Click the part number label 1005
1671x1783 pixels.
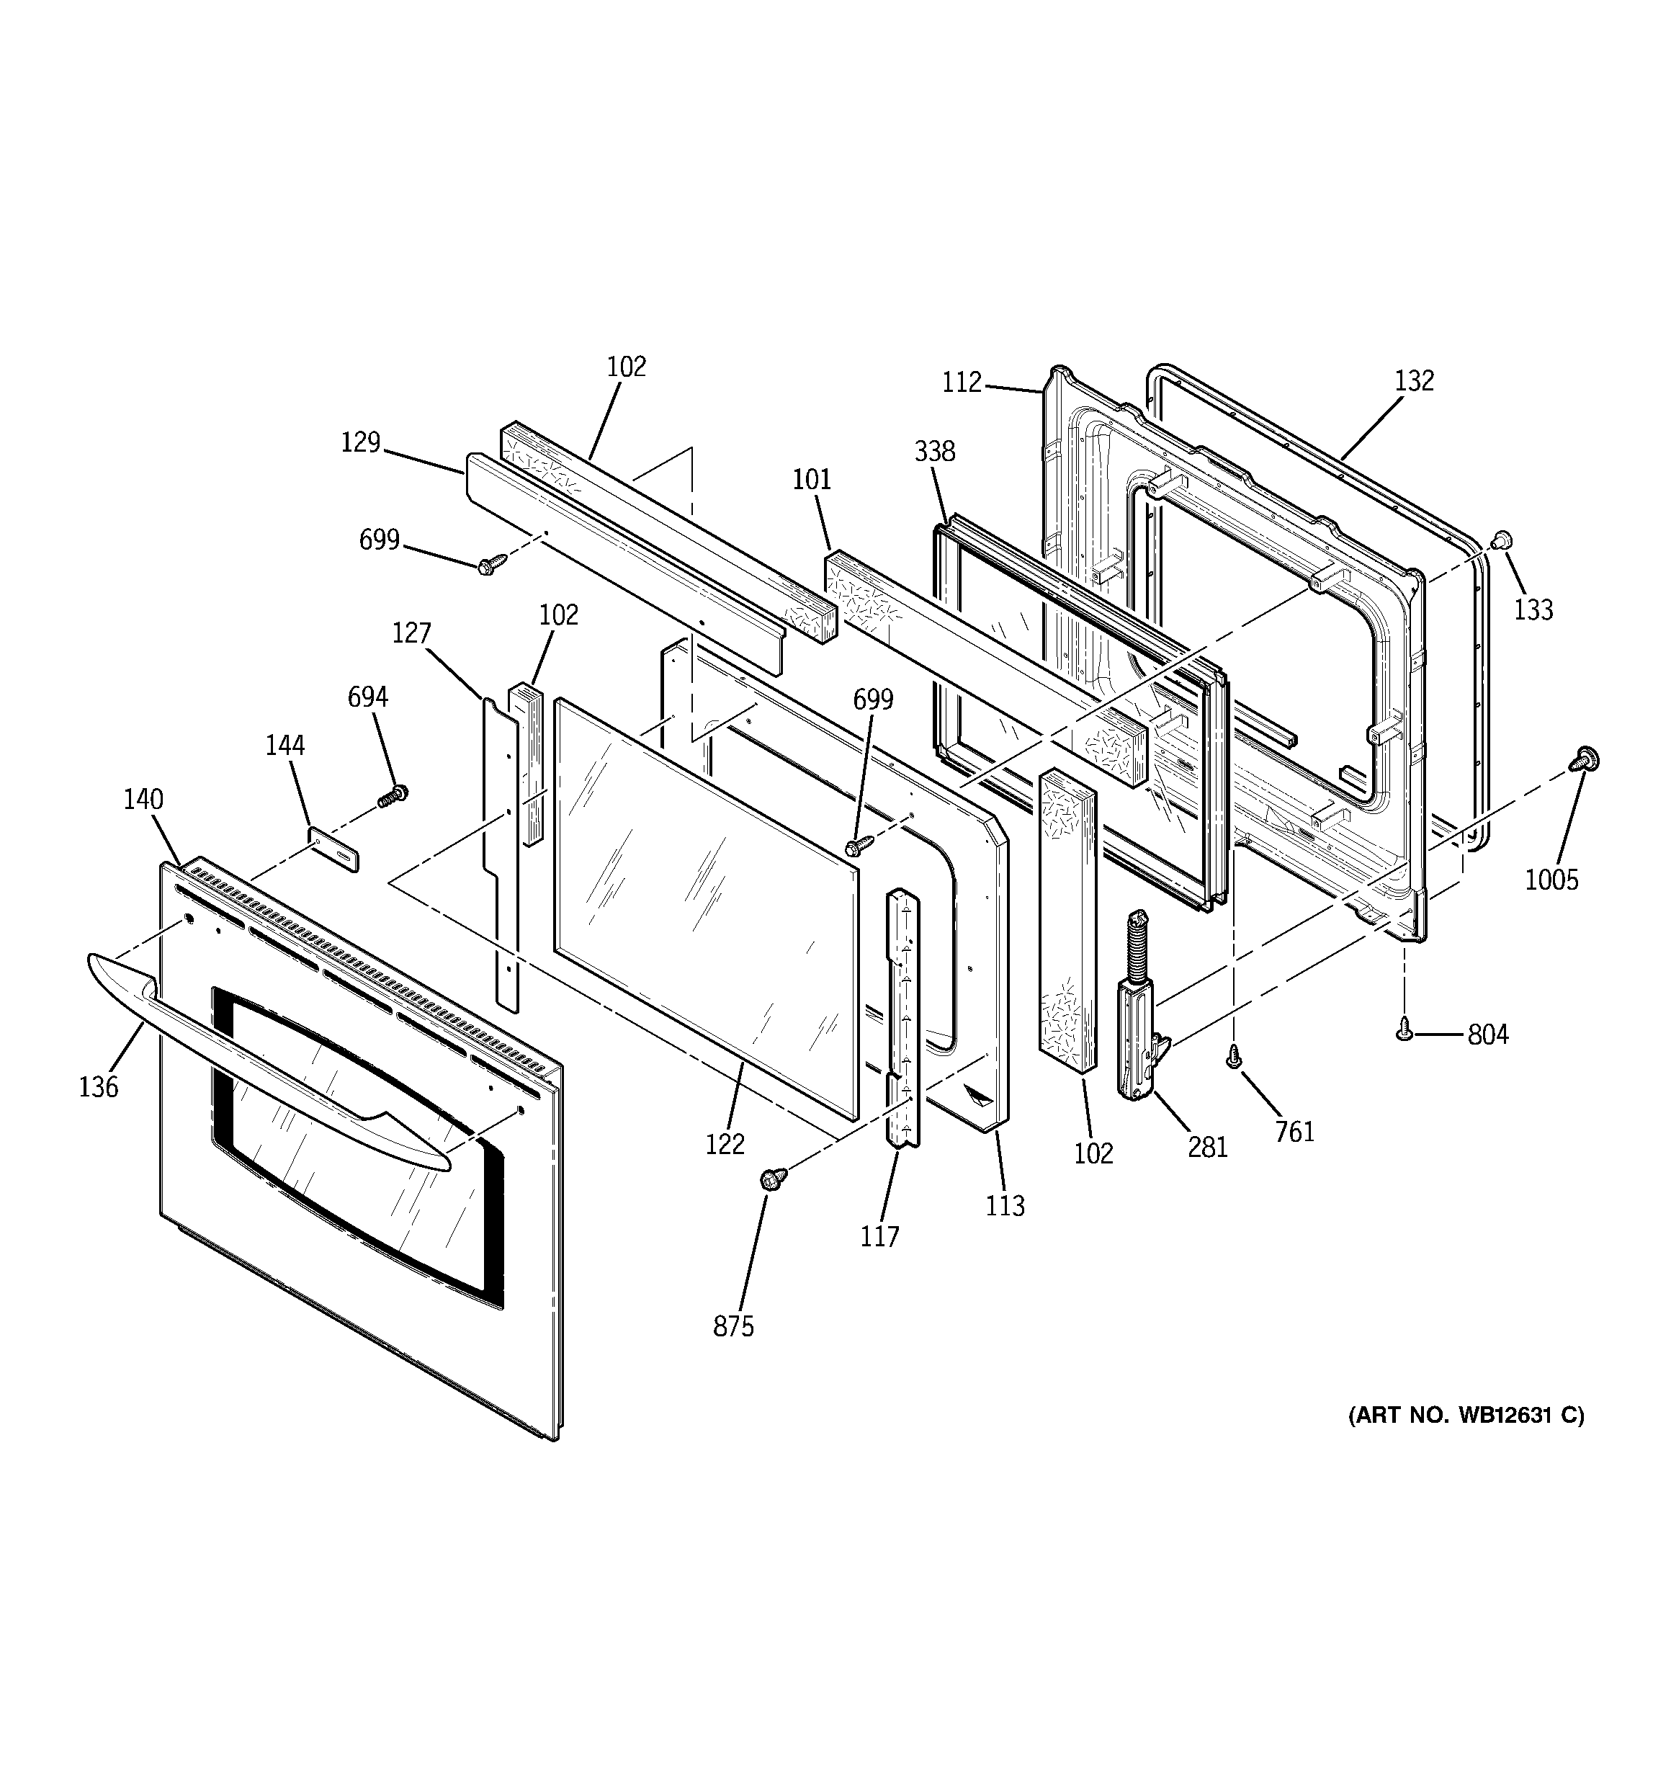click(x=1551, y=879)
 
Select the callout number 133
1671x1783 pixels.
click(x=1533, y=610)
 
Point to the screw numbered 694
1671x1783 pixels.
click(x=392, y=795)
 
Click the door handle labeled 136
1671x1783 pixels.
click(x=269, y=1058)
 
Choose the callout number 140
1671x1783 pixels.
click(x=143, y=799)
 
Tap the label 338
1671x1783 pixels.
click(x=935, y=451)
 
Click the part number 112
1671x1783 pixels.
click(x=962, y=383)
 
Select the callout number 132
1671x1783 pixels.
click(x=1415, y=381)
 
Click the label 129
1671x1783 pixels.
click(x=361, y=442)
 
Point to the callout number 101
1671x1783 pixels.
click(x=812, y=480)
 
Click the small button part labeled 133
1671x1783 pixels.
click(x=1502, y=540)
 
